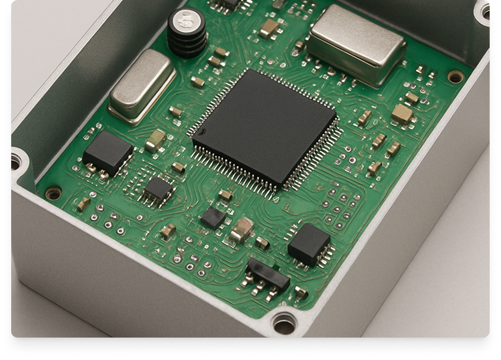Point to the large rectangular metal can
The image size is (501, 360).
356,45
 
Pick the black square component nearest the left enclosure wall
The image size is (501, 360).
108,152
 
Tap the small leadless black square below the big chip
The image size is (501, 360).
213,218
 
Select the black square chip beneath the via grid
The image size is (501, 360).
309,243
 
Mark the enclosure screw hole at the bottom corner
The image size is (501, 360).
285,323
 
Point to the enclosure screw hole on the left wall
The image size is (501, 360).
16,160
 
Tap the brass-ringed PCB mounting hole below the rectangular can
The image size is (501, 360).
455,76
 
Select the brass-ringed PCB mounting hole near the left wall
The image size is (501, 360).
54,193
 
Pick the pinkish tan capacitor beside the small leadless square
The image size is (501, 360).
242,229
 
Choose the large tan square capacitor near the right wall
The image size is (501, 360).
402,114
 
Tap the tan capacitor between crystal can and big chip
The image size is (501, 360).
156,140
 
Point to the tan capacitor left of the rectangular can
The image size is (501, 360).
269,28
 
